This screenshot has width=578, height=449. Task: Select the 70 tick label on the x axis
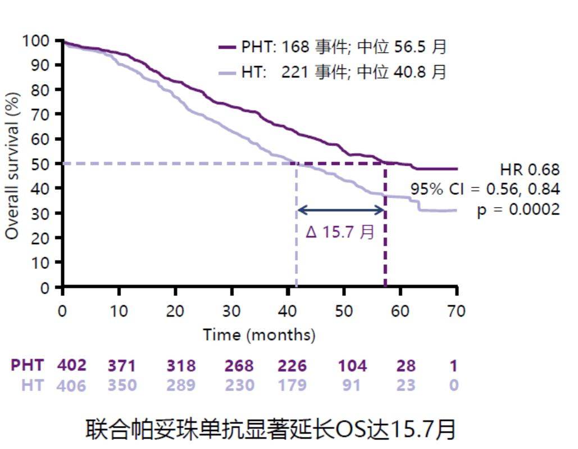click(456, 311)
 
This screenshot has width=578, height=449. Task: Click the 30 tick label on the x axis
click(231, 311)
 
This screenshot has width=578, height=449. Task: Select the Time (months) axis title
click(259, 335)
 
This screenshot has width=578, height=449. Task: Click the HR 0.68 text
click(529, 169)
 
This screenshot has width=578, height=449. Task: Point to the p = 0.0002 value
click(518, 209)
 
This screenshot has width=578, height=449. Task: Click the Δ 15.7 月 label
click(340, 231)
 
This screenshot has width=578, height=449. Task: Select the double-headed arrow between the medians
click(340, 210)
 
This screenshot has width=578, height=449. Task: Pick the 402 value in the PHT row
click(72, 365)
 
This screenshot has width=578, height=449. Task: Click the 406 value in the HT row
click(72, 386)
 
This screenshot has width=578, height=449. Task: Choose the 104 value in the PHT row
click(352, 366)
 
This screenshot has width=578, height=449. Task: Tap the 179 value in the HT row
click(292, 386)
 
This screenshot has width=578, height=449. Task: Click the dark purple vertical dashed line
click(385, 236)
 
